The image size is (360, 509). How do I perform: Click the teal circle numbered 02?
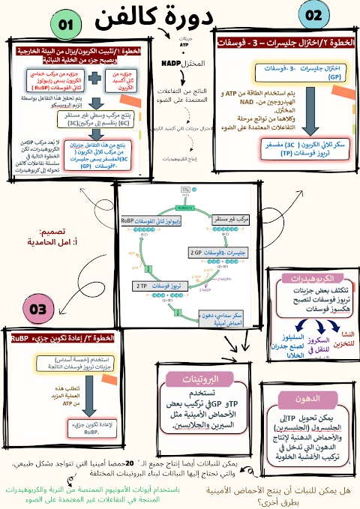point(315,16)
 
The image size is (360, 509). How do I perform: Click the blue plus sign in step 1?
point(95,79)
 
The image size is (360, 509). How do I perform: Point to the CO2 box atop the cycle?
point(186,192)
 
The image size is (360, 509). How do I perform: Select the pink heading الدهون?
point(295,397)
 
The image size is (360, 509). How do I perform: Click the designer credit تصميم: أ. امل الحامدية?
point(51,238)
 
